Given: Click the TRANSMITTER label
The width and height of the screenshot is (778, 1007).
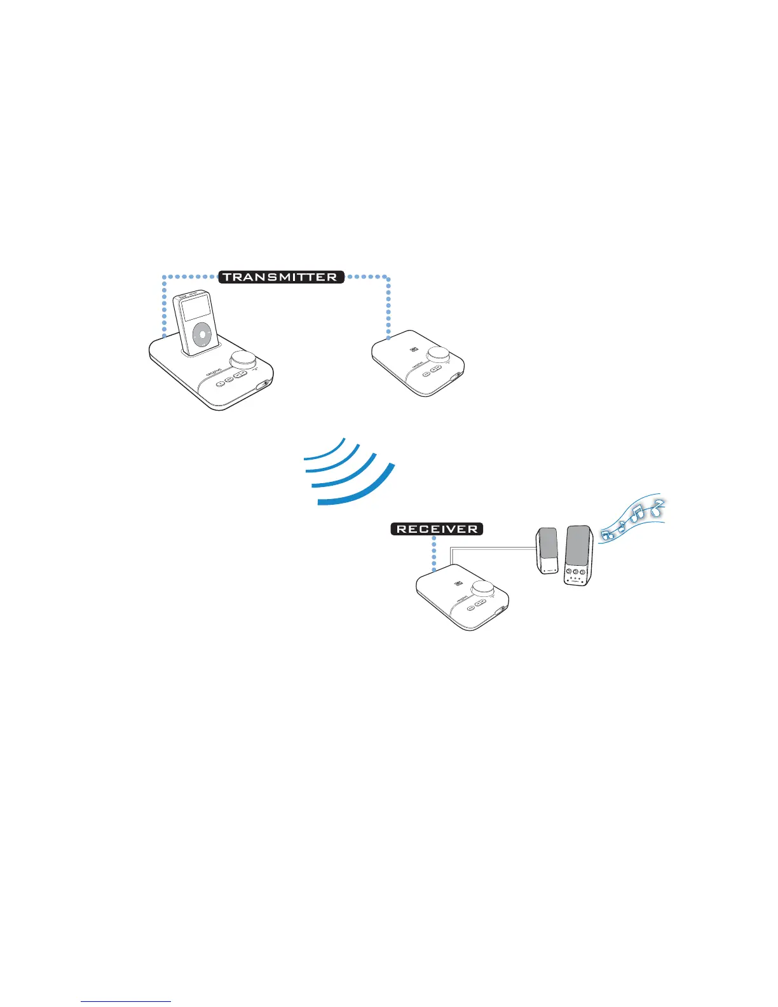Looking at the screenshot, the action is click(x=281, y=277).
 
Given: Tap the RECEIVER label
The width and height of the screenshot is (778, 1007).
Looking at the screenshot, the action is click(x=437, y=529).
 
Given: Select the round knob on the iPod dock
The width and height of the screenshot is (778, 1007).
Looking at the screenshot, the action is click(x=242, y=360).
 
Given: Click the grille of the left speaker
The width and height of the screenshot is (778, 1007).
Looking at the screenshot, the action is click(x=548, y=544).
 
